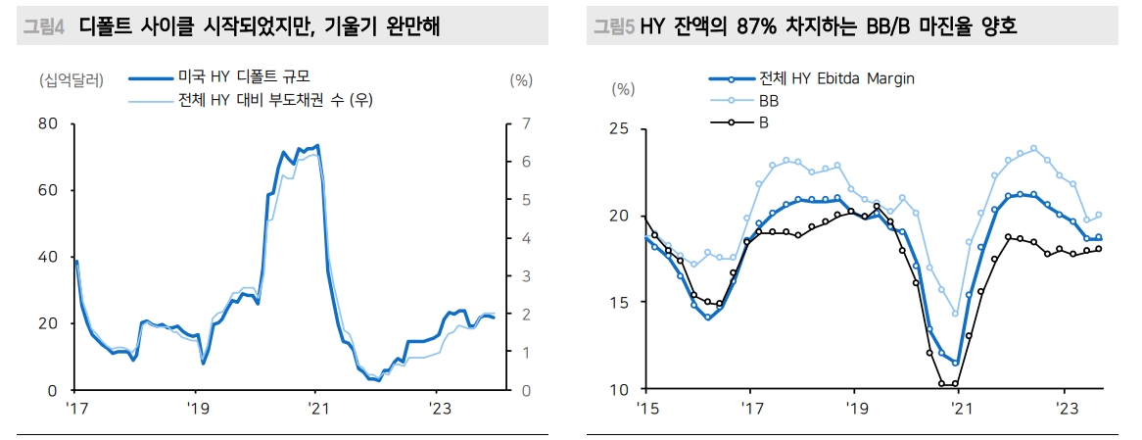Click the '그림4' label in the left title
click(43, 28)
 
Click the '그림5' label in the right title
click(614, 28)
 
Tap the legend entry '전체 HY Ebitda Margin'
click(835, 78)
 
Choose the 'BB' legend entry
click(769, 100)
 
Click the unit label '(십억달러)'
click(71, 79)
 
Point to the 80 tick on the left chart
click(48, 123)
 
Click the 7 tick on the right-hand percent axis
click(526, 123)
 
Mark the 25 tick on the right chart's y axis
click(620, 128)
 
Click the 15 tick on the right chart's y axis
click(620, 303)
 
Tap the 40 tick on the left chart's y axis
click(48, 257)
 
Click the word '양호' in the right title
click(997, 28)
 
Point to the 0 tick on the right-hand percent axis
click(526, 390)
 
